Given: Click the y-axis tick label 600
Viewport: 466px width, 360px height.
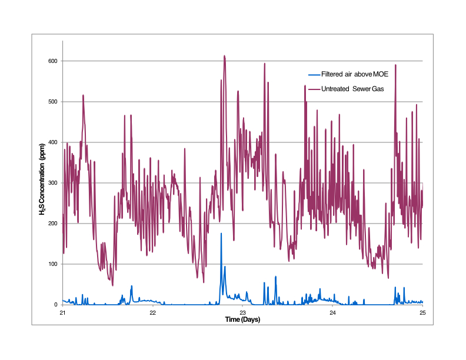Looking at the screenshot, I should coord(52,61).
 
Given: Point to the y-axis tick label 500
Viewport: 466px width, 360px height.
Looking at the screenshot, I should coord(52,102).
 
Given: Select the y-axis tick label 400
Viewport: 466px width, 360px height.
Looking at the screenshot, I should coord(52,142).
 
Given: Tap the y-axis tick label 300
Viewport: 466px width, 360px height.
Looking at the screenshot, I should coord(52,183).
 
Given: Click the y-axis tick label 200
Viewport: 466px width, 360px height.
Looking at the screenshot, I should coord(52,224).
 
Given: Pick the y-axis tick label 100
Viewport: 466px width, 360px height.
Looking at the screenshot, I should coord(52,264).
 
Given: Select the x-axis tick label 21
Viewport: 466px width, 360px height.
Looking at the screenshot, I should coord(62,312).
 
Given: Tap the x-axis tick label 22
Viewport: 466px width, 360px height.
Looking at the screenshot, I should coord(152,312).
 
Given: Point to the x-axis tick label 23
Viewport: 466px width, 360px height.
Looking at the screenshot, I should coord(242,312).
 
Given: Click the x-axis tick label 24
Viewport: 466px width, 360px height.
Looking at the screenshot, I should coord(332,312).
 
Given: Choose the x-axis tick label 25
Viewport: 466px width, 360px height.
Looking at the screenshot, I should coord(422,312).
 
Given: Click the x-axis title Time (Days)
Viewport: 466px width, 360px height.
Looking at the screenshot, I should coord(242,319).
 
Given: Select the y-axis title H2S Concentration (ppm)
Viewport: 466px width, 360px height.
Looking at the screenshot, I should coord(42,183).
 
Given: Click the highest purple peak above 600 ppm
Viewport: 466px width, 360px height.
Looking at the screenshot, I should coord(224,56).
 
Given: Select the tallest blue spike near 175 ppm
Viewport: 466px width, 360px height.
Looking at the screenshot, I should coord(221,234).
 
